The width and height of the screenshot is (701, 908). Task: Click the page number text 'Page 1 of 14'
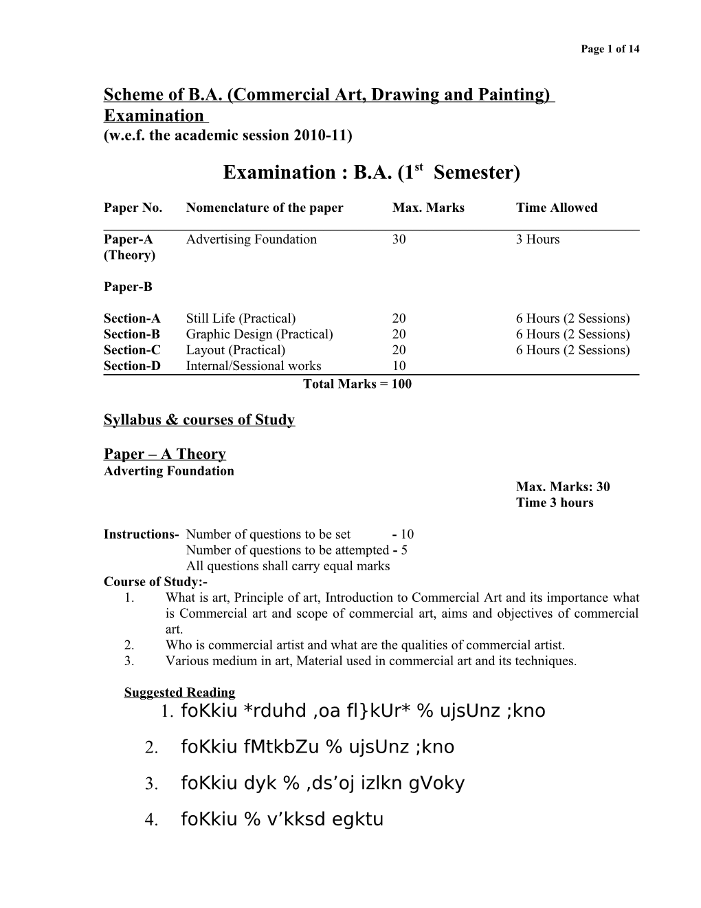(610, 49)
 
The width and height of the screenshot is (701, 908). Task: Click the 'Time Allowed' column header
(557, 208)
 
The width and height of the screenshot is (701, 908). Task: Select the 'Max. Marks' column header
(428, 208)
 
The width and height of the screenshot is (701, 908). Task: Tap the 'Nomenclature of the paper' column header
(265, 208)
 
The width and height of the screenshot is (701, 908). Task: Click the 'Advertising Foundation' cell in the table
(252, 239)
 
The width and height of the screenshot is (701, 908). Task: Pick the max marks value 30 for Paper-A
(399, 239)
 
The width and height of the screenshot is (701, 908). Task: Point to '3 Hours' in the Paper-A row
(537, 239)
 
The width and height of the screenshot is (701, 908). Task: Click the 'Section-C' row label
(132, 350)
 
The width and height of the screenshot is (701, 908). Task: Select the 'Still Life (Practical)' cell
(241, 318)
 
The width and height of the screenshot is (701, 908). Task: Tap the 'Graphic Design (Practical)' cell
(259, 334)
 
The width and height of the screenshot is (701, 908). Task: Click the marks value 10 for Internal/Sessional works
(399, 366)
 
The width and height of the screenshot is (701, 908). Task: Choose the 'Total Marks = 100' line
(357, 384)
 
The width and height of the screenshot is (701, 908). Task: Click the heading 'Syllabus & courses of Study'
(199, 420)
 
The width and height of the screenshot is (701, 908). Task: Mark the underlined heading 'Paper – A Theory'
(164, 454)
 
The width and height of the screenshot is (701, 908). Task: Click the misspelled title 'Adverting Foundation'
(168, 471)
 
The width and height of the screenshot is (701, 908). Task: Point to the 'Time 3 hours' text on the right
(555, 503)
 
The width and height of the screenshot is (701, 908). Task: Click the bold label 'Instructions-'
(141, 534)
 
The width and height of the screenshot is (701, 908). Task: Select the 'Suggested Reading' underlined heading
(179, 693)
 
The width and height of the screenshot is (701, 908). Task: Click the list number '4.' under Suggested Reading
(153, 820)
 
